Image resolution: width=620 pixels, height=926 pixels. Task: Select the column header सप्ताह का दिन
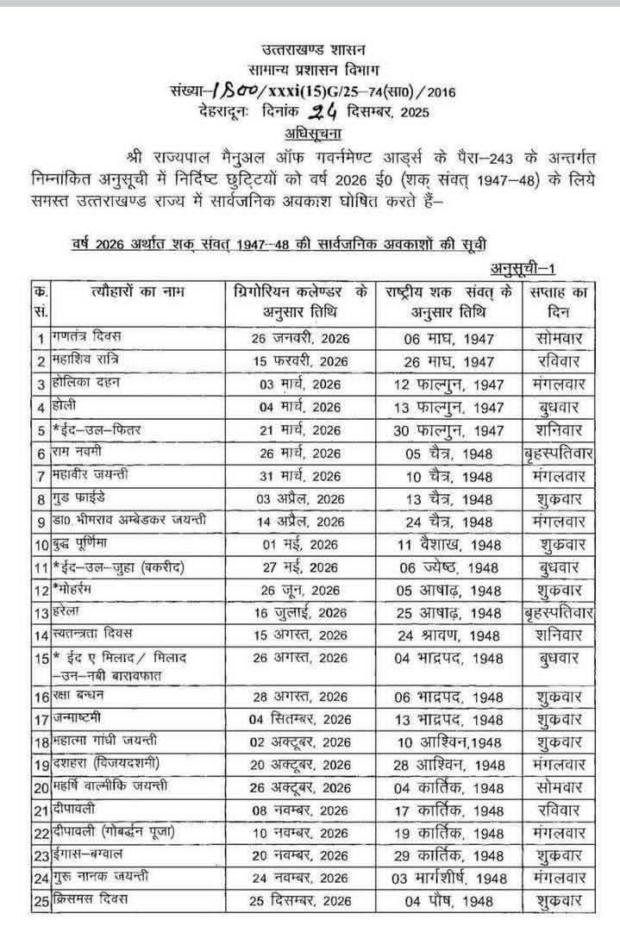point(557,301)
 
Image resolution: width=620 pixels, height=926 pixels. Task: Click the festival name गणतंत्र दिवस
point(78,338)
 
